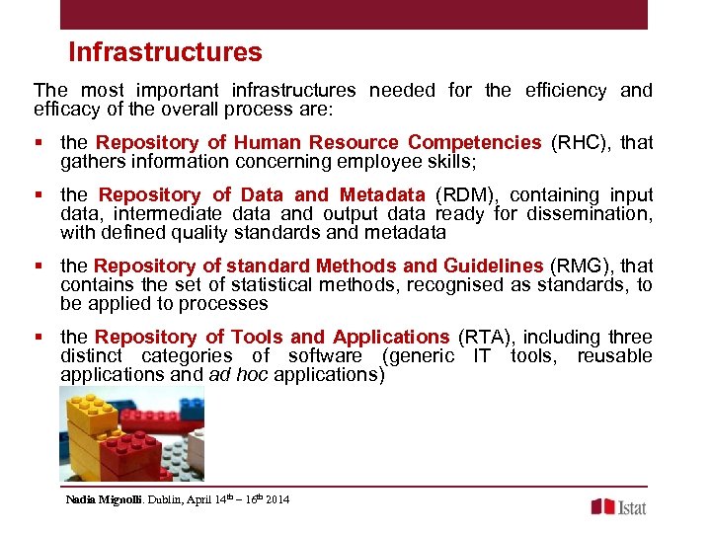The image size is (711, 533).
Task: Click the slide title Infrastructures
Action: (165, 52)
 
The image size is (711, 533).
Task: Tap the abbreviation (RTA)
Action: (489, 337)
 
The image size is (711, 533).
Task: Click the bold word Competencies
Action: (474, 142)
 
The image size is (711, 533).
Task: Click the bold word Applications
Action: (391, 337)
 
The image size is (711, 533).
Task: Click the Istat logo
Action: (619, 506)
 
